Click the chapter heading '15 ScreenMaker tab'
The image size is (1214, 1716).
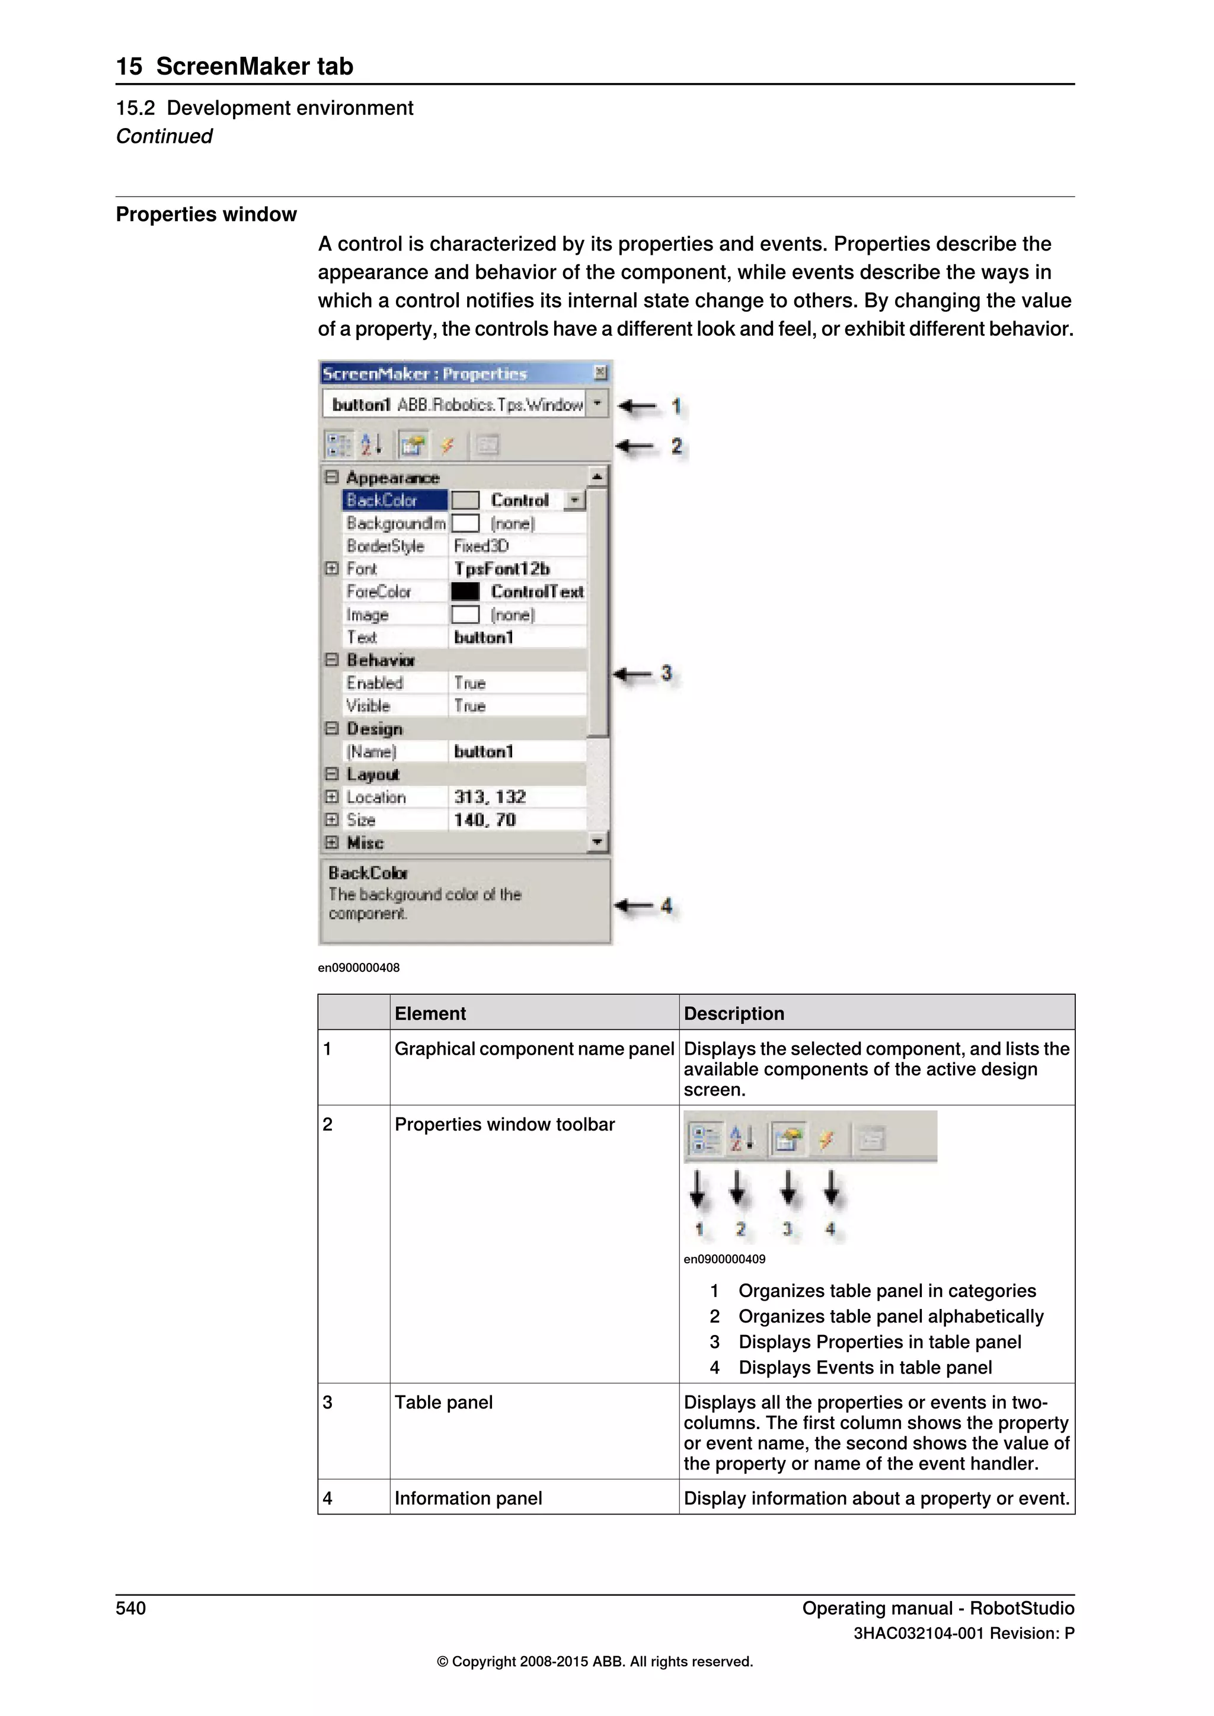(234, 66)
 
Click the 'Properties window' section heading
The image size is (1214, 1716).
(206, 214)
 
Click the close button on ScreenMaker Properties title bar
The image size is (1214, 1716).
(599, 372)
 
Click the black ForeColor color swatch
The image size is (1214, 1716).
(465, 591)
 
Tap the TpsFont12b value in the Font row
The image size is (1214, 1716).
(501, 569)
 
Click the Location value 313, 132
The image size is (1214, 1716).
(490, 797)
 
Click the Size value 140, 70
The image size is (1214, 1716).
(484, 820)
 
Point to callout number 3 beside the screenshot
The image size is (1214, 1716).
(666, 673)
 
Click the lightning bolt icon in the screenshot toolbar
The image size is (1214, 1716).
(447, 446)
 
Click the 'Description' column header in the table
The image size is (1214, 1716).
(733, 1013)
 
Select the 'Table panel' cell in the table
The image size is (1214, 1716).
(443, 1402)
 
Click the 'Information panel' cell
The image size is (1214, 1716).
(468, 1498)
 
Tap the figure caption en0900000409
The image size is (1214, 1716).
(724, 1259)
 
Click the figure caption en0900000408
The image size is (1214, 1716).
(358, 967)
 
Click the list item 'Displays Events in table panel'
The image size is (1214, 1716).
(865, 1367)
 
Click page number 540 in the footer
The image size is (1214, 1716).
(131, 1608)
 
